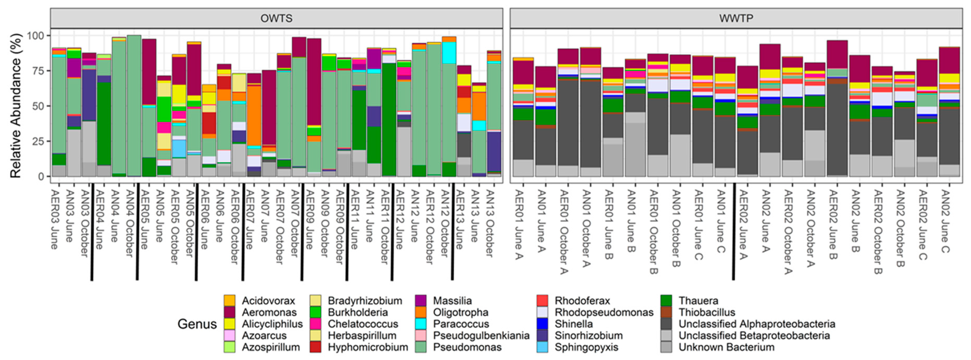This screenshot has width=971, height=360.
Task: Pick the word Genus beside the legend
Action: [197, 324]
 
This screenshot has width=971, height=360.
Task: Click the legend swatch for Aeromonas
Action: [229, 312]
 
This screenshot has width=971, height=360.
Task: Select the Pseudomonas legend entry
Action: [467, 347]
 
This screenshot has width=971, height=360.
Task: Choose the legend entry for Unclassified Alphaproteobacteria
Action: [757, 324]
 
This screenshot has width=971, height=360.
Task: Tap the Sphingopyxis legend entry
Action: [586, 347]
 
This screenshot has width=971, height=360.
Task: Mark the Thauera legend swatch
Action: [666, 300]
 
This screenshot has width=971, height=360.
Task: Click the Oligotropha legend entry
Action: [460, 312]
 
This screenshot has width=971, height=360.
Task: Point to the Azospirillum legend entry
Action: [271, 347]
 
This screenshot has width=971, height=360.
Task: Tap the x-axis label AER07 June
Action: [249, 219]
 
